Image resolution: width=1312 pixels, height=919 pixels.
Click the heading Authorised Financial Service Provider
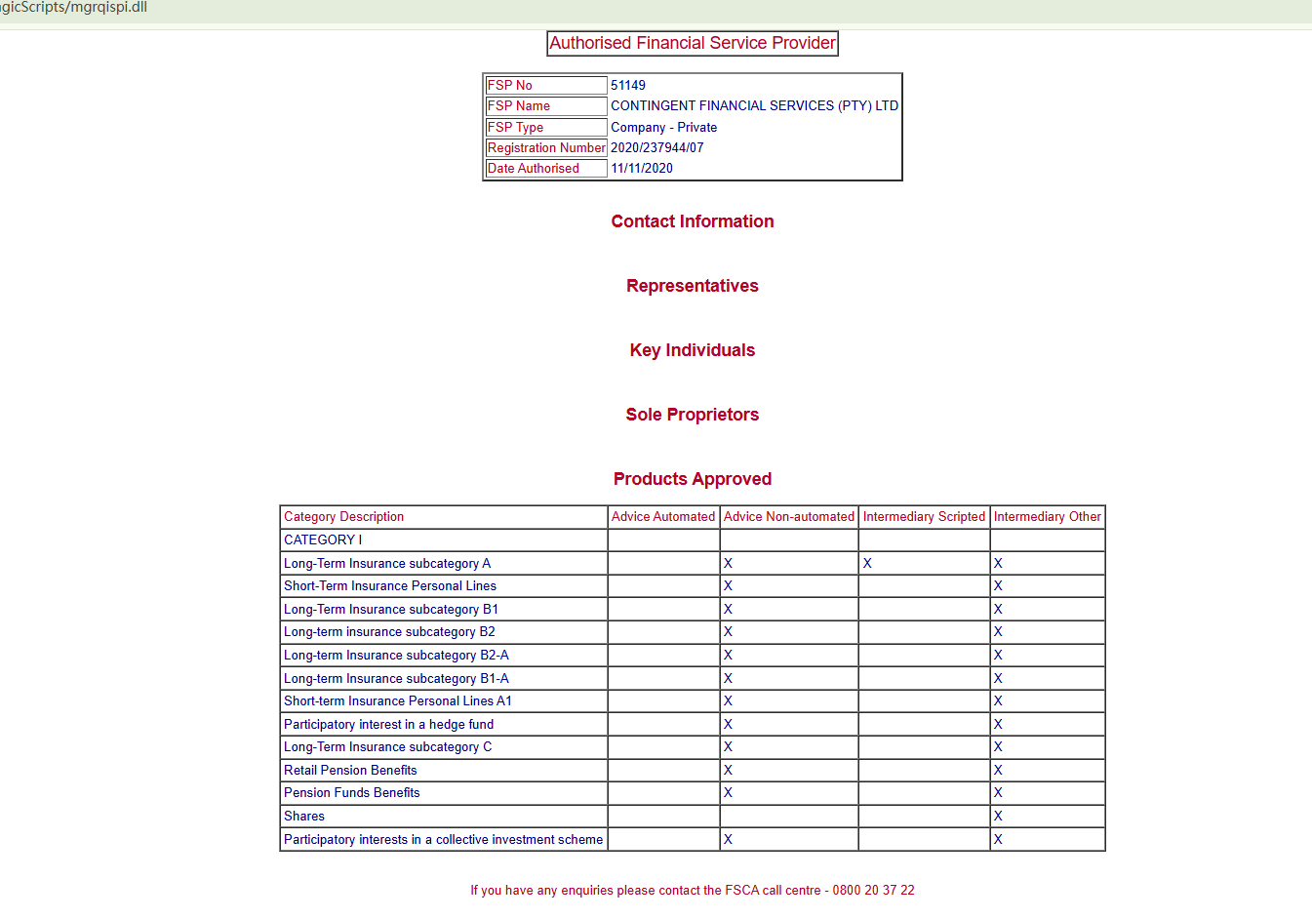693,43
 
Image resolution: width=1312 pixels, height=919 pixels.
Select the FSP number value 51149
628,86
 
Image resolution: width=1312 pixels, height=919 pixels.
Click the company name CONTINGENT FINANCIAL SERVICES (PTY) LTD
754,106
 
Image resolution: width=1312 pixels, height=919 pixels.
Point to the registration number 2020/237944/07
656,148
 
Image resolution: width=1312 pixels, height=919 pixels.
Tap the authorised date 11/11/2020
642,169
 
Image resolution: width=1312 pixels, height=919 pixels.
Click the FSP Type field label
515,128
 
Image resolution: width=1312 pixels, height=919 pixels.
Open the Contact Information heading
693,221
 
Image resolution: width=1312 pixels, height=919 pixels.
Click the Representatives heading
693,286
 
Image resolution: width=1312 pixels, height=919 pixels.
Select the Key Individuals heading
693,350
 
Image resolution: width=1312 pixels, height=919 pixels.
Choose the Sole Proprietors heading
693,415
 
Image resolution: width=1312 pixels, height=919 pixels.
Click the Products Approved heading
693,479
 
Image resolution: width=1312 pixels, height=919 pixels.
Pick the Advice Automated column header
663,517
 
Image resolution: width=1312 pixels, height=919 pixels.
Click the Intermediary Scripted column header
924,517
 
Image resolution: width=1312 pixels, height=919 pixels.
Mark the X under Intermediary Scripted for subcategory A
867,564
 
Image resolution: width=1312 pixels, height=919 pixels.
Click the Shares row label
304,817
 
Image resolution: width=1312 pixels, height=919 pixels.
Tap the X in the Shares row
998,817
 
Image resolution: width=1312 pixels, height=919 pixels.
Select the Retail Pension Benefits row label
350,771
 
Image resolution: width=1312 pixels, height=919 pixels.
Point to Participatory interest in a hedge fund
388,725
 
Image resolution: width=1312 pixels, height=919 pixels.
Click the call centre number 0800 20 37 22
873,891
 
